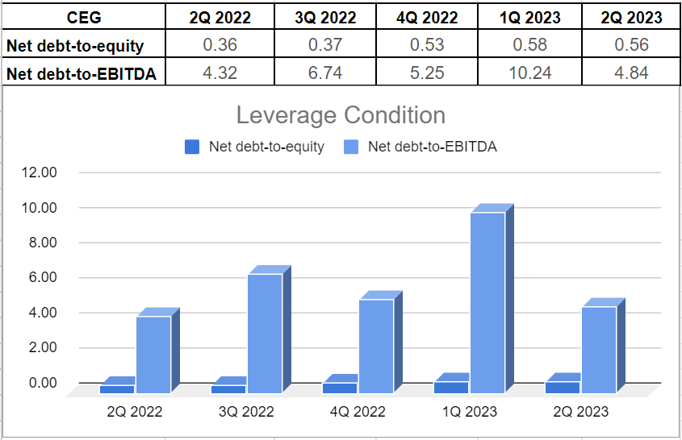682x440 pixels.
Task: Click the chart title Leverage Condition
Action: coord(341,115)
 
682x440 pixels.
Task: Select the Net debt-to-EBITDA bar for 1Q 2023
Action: coord(487,302)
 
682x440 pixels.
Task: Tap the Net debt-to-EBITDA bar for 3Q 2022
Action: coord(265,333)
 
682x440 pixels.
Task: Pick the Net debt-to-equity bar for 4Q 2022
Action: coord(339,388)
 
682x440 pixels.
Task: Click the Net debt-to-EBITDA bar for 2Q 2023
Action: coord(599,349)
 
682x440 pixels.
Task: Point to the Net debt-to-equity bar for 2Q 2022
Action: coord(117,388)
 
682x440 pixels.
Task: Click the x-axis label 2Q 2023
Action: coord(581,412)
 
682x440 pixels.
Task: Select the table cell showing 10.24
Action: coord(532,73)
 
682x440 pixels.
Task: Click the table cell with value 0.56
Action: coord(631,45)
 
